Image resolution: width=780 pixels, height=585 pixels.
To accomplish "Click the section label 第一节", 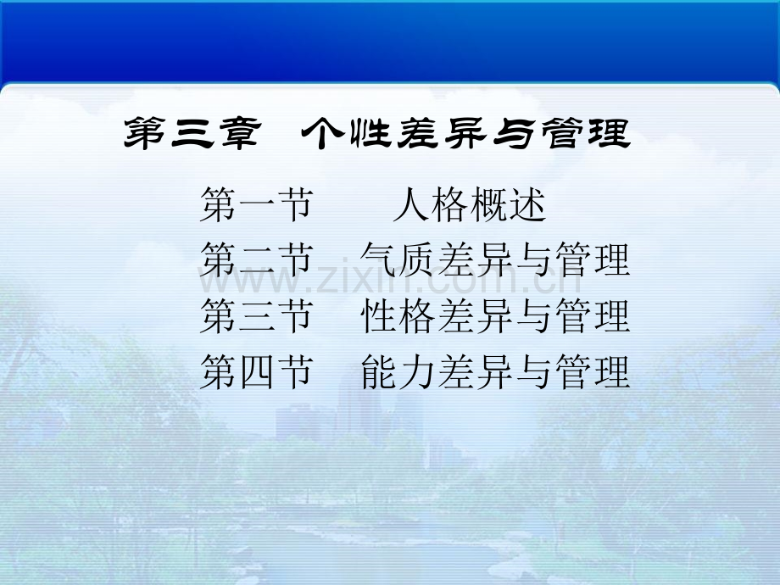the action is tap(257, 204).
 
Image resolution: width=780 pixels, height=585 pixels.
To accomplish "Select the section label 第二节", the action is tap(257, 259).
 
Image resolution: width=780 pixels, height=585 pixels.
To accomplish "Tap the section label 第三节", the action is tap(257, 315).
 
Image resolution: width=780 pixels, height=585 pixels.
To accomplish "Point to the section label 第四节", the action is tap(257, 371).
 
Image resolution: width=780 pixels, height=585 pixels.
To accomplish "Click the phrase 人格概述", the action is tap(470, 204).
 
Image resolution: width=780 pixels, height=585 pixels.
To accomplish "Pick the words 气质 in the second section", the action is tap(398, 259).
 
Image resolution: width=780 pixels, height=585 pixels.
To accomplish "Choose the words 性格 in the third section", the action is tap(398, 315).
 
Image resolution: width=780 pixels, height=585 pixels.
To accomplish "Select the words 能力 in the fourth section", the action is tap(398, 371).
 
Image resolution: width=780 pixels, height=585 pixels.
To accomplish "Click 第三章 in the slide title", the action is tap(192, 133).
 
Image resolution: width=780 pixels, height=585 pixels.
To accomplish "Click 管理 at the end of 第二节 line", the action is tap(593, 259).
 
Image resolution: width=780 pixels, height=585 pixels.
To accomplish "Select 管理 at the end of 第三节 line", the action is tap(593, 315).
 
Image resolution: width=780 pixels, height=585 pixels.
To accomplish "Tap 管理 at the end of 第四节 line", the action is tap(593, 371).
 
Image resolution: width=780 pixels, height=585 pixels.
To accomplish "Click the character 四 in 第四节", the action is tap(257, 372).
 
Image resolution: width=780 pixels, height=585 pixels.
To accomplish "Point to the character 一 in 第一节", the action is tap(257, 204).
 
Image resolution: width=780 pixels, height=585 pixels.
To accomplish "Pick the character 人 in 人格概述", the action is tap(411, 204).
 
